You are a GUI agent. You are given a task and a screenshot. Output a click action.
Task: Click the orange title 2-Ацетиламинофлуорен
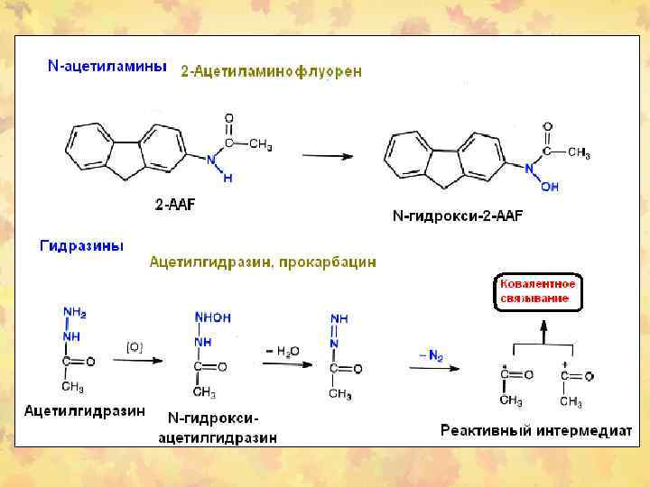click(272, 71)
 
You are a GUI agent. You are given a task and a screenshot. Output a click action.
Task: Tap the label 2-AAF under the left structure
click(174, 205)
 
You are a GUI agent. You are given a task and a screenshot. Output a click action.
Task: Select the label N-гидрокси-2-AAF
click(458, 216)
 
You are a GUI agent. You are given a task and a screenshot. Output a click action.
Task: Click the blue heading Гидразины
click(81, 245)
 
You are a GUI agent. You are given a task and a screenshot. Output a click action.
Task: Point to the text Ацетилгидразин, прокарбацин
click(262, 262)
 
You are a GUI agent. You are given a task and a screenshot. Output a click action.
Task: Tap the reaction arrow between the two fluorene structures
click(327, 155)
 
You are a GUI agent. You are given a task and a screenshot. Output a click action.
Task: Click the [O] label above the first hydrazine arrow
click(135, 346)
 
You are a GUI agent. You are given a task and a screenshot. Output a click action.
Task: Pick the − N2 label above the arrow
click(431, 355)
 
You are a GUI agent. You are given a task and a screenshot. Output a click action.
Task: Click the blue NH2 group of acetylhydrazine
click(74, 313)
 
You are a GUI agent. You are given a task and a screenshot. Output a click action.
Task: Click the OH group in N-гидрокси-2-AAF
click(550, 187)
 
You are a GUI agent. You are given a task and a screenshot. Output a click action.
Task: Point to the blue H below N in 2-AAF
click(227, 179)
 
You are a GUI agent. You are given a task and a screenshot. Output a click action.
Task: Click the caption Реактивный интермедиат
click(535, 430)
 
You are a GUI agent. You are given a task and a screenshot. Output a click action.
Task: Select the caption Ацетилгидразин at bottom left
click(84, 411)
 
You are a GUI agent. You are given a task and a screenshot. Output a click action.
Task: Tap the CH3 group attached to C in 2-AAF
click(260, 144)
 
